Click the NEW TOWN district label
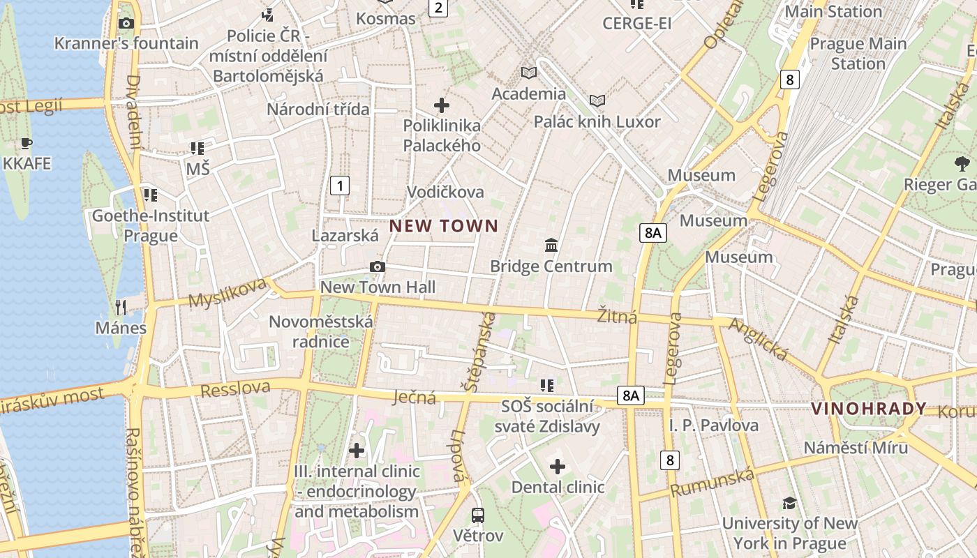[444, 226]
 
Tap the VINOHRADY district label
[869, 409]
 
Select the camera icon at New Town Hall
[378, 267]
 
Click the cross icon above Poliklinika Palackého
[442, 105]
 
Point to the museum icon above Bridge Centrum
[551, 245]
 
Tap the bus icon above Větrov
[478, 515]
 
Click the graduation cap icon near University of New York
[789, 503]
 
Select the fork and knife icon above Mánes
[121, 307]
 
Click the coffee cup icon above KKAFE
[27, 144]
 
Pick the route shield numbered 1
[339, 186]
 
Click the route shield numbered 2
[438, 8]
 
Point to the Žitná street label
[617, 316]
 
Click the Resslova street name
[235, 389]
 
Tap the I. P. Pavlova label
[713, 425]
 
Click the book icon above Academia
[529, 73]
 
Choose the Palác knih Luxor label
[597, 121]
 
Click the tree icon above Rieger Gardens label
[962, 164]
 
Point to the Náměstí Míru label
[856, 447]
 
